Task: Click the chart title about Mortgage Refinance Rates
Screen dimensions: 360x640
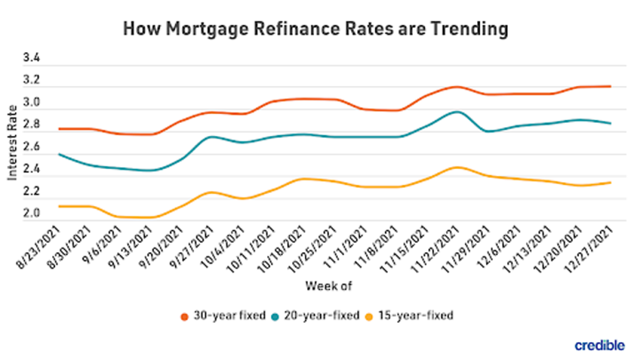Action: click(316, 29)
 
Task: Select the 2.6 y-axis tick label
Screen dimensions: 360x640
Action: click(32, 148)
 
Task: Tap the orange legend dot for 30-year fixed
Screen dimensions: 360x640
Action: click(184, 316)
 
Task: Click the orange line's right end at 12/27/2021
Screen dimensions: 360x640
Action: click(610, 87)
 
